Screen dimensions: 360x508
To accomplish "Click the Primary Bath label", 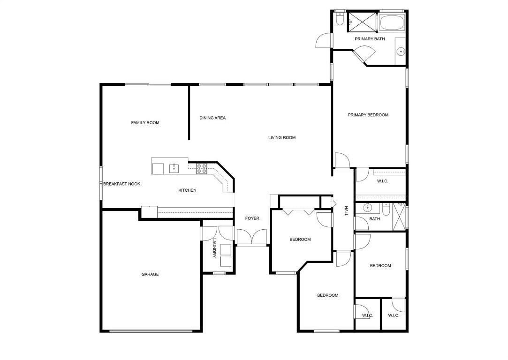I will click(x=370, y=39).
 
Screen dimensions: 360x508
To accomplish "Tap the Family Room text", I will click(x=145, y=123).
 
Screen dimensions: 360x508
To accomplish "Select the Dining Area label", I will click(x=212, y=118).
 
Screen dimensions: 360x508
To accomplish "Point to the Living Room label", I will click(x=282, y=138).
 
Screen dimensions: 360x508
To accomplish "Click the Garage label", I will click(x=150, y=274).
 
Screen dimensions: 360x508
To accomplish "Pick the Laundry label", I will click(x=214, y=248).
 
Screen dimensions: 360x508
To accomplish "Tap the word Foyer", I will click(x=252, y=218).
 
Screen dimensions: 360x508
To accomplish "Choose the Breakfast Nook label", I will click(x=122, y=184).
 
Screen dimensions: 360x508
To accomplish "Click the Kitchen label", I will click(x=187, y=190).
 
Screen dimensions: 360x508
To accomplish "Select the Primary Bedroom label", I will click(x=368, y=115).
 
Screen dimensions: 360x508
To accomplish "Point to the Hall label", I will click(x=347, y=211).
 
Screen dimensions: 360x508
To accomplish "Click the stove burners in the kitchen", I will click(x=202, y=168).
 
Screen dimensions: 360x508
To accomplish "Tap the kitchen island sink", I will click(x=174, y=168).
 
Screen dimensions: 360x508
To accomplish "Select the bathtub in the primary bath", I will click(x=391, y=22).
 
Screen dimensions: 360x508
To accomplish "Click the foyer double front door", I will click(x=251, y=237).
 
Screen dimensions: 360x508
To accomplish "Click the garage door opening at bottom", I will click(x=151, y=331).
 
